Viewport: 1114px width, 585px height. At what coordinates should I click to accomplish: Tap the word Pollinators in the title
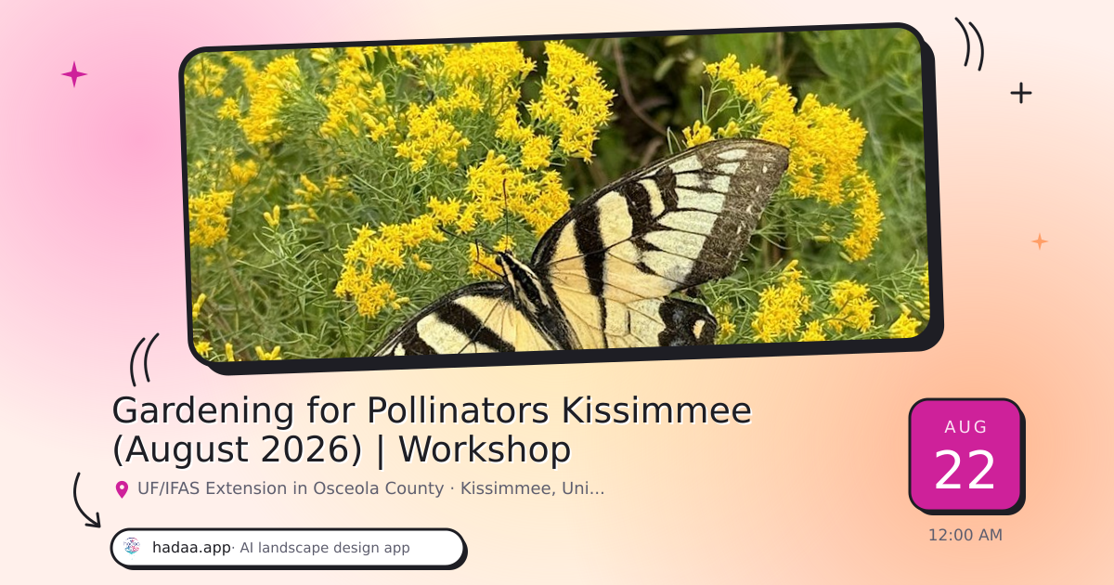(x=458, y=410)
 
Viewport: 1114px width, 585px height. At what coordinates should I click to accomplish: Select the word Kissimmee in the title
(x=656, y=410)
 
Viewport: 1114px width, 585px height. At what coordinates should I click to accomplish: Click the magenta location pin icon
(x=122, y=489)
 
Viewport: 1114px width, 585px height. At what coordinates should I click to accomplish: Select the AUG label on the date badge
(x=965, y=427)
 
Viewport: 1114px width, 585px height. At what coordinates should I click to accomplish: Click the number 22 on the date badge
(x=965, y=470)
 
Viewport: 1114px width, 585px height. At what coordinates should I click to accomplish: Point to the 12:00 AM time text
(x=965, y=535)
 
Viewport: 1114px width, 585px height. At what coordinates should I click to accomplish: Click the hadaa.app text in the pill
(x=191, y=548)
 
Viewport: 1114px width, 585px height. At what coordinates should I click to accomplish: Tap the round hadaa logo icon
(x=132, y=546)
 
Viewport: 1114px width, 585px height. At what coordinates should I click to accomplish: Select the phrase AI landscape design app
(x=325, y=548)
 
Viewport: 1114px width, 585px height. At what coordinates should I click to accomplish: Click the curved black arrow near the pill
(x=77, y=503)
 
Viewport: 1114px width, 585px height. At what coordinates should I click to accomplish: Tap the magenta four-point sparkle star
(x=74, y=74)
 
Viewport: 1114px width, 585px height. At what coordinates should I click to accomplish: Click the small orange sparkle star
(x=1040, y=241)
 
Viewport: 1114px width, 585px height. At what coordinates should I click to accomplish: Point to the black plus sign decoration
(x=1021, y=93)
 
